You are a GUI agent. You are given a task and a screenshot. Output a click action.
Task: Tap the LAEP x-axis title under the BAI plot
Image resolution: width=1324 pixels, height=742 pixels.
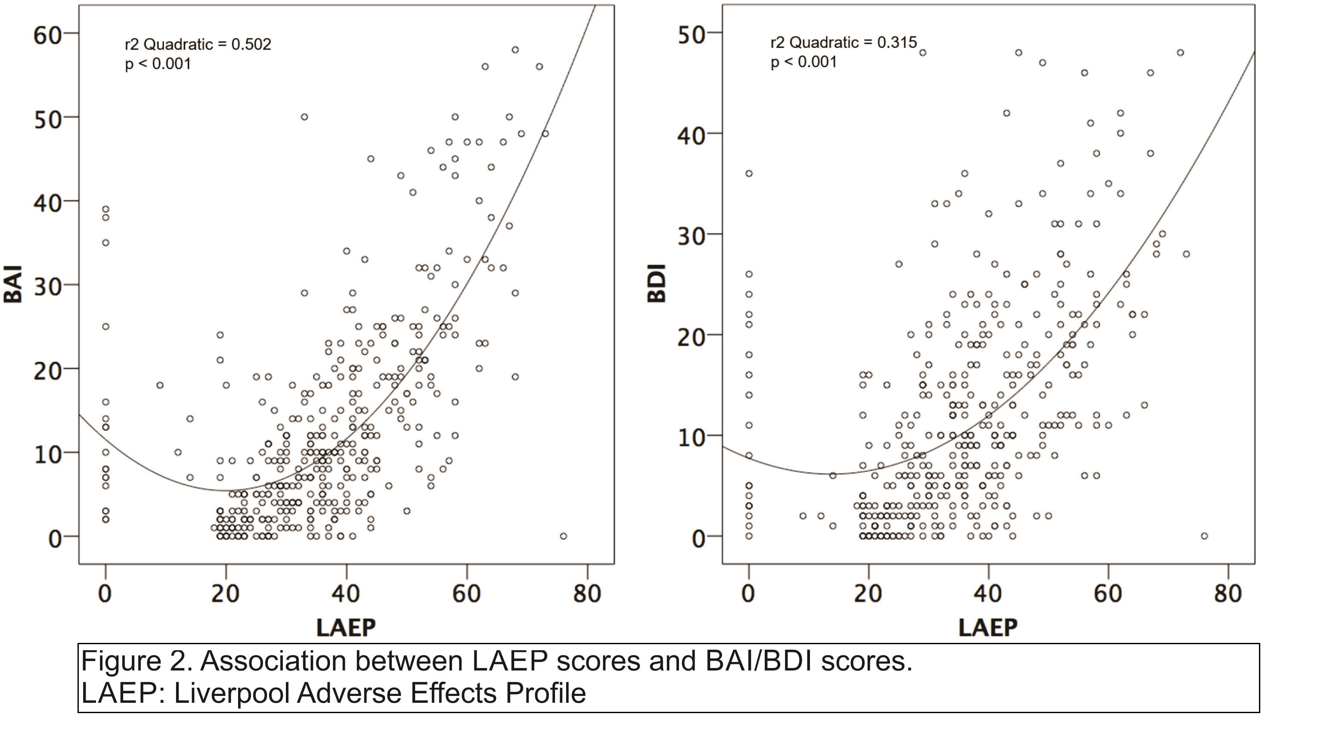(346, 628)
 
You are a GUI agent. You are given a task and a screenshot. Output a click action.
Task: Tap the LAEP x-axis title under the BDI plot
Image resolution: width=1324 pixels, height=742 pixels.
(988, 628)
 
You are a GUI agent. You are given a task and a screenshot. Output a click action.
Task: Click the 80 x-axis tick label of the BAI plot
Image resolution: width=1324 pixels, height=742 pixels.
(587, 594)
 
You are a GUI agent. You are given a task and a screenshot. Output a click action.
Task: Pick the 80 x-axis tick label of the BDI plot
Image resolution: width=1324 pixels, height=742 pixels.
(1228, 594)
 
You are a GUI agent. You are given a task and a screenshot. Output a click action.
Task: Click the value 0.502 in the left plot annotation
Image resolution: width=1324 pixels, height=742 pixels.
(251, 45)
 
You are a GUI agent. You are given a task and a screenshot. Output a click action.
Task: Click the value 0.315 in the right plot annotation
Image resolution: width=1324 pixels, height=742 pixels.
(897, 43)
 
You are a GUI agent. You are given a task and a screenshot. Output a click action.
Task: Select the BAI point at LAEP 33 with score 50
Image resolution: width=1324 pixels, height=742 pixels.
(304, 117)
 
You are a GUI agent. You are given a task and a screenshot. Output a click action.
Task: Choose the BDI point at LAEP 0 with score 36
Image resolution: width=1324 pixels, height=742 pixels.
(749, 174)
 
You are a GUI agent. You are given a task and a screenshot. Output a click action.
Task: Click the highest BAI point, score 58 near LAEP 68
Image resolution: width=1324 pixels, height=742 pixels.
(515, 50)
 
